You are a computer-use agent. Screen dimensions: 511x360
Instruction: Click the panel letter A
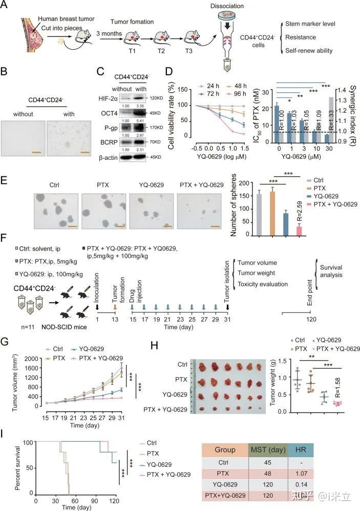tap(6, 6)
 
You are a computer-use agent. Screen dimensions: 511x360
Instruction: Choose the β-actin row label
tap(109, 156)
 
